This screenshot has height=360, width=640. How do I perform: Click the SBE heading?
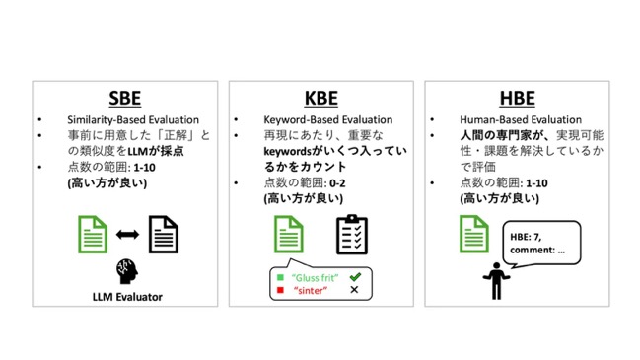(x=125, y=99)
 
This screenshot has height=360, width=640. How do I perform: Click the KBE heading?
(x=321, y=99)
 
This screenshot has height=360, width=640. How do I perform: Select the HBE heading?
(x=517, y=99)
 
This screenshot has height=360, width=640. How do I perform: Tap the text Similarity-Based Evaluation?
(x=133, y=120)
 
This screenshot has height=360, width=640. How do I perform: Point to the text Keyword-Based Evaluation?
(x=328, y=120)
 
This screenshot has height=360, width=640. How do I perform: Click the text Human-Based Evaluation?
(x=521, y=120)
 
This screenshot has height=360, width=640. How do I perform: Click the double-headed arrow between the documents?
(x=128, y=235)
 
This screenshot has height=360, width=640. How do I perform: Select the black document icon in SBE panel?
(x=164, y=235)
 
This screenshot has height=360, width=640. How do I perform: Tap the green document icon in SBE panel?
(x=93, y=235)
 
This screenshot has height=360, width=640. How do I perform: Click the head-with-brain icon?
(x=127, y=271)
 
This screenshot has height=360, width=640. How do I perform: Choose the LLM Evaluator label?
(x=127, y=297)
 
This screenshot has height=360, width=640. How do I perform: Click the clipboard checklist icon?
(x=352, y=235)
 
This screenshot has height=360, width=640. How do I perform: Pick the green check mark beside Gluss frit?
(x=355, y=277)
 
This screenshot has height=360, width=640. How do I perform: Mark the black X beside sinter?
(x=354, y=290)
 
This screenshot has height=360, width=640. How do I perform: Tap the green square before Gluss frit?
(x=280, y=277)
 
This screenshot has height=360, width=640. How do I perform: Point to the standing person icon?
(x=496, y=281)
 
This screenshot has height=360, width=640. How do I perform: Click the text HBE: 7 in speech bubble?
(x=526, y=237)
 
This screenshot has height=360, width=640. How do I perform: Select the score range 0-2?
(x=337, y=183)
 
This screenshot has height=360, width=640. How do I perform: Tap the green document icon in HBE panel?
(x=474, y=235)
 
